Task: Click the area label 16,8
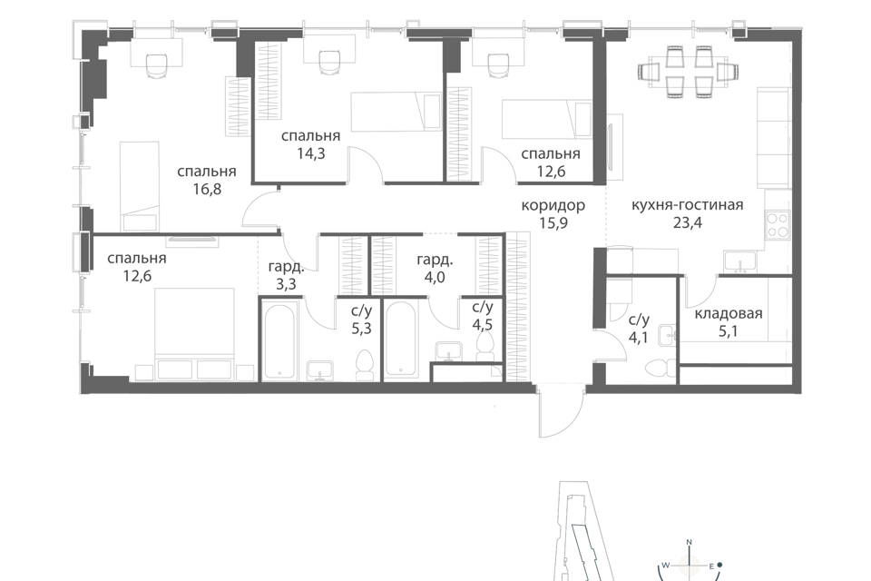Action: [x=207, y=189]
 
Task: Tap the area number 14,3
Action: [x=310, y=153]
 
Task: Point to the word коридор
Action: [x=553, y=206]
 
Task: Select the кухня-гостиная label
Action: [x=687, y=204]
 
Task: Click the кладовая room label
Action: [x=729, y=313]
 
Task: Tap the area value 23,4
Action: [x=688, y=223]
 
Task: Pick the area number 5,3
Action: [x=361, y=329]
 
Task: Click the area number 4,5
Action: [x=482, y=325]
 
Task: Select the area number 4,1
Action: [x=638, y=338]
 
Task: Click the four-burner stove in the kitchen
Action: [x=778, y=225]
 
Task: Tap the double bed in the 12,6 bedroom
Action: [x=194, y=333]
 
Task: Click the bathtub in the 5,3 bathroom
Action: [x=280, y=340]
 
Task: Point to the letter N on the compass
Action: [x=690, y=542]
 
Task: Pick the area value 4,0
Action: [x=435, y=277]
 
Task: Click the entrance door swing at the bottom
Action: [x=561, y=413]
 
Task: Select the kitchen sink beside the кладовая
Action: [x=739, y=261]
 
